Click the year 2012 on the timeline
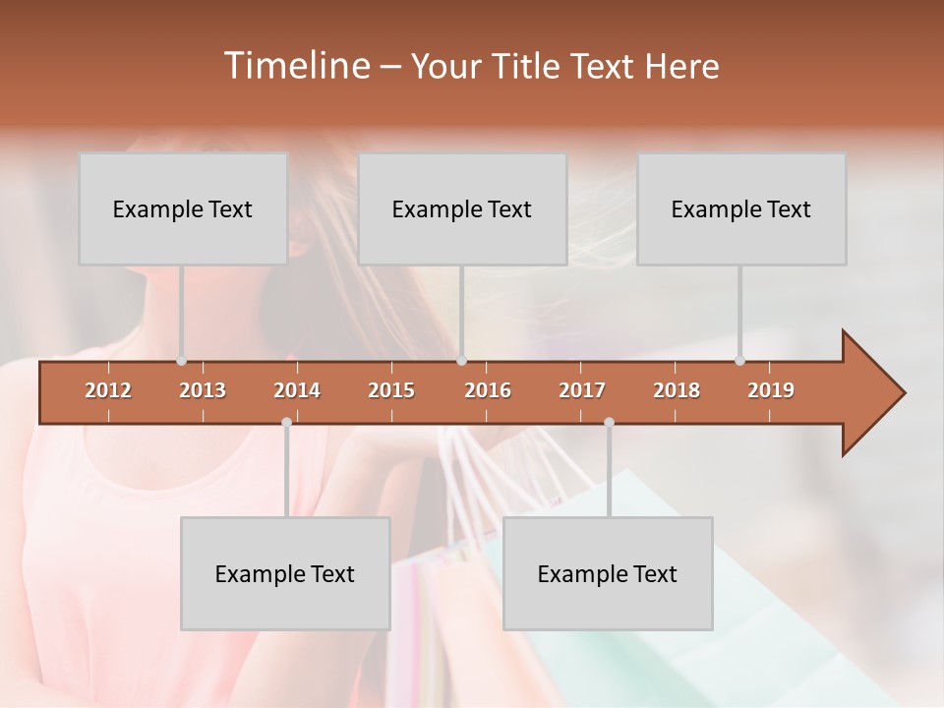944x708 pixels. [x=108, y=390]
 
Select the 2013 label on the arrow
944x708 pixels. [x=203, y=390]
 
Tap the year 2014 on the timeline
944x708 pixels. [x=297, y=390]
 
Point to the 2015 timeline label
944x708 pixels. [x=391, y=390]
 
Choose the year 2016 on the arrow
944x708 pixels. [x=488, y=390]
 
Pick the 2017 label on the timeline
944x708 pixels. [x=582, y=390]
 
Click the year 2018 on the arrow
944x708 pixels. [x=677, y=390]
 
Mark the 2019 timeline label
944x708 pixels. [x=771, y=390]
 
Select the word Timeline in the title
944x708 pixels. [x=294, y=66]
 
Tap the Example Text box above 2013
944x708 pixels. [x=183, y=208]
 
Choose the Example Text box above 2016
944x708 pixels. [x=462, y=208]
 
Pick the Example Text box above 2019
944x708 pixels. [x=741, y=208]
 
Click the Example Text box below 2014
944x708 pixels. [x=285, y=573]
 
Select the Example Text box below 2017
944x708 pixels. [x=608, y=573]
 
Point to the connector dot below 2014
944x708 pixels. [x=286, y=422]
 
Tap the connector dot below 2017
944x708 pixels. [x=609, y=422]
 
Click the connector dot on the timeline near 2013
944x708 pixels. [x=181, y=361]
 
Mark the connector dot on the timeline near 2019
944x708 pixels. [x=739, y=361]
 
